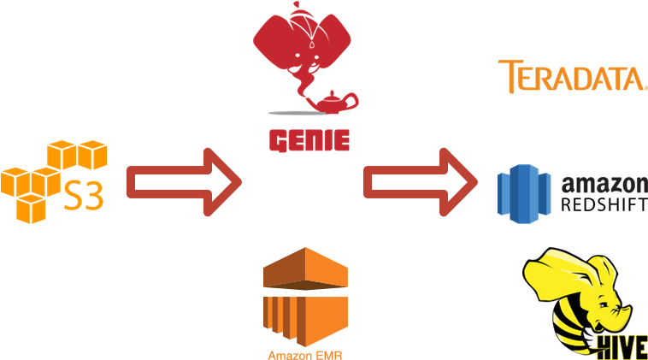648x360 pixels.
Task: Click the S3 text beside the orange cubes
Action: [x=85, y=196]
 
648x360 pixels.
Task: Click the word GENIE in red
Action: [x=309, y=139]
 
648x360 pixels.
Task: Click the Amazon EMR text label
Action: [x=308, y=353]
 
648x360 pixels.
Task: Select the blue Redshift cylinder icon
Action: [x=525, y=195]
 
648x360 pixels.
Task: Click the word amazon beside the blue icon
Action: [x=604, y=184]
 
